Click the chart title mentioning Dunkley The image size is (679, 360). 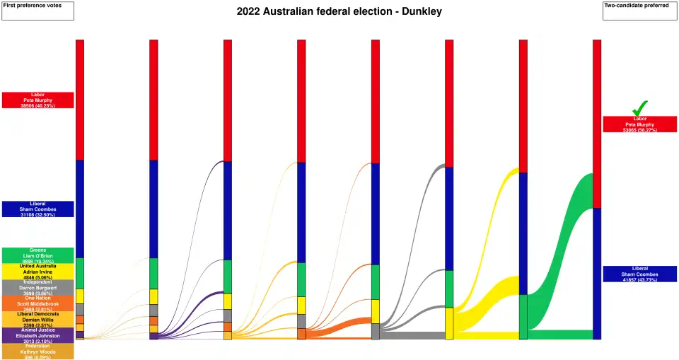pyautogui.click(x=339, y=12)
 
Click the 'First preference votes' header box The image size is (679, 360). pyautogui.click(x=37, y=11)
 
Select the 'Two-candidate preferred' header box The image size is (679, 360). pyautogui.click(x=639, y=11)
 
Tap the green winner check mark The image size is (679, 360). pyautogui.click(x=639, y=108)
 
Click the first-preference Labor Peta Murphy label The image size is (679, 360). pyautogui.click(x=37, y=100)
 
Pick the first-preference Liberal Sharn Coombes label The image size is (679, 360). pyautogui.click(x=37, y=209)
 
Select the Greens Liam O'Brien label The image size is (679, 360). pyautogui.click(x=37, y=255)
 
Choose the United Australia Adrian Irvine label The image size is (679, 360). pyautogui.click(x=37, y=272)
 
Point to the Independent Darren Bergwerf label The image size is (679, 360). pyautogui.click(x=37, y=287)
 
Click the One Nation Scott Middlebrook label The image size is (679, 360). pyautogui.click(x=37, y=303)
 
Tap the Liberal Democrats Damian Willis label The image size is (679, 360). pyautogui.click(x=37, y=320)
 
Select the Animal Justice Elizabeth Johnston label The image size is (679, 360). pyautogui.click(x=37, y=335)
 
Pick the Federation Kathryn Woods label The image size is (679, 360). pyautogui.click(x=37, y=352)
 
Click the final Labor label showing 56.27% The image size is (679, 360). pyautogui.click(x=639, y=124)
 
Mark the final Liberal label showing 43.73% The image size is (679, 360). pyautogui.click(x=639, y=274)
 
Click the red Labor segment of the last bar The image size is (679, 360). pyautogui.click(x=596, y=124)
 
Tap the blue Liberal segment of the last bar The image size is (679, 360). pyautogui.click(x=596, y=273)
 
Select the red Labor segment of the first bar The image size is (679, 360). pyautogui.click(x=80, y=100)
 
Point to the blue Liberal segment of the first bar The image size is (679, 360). pyautogui.click(x=80, y=209)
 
